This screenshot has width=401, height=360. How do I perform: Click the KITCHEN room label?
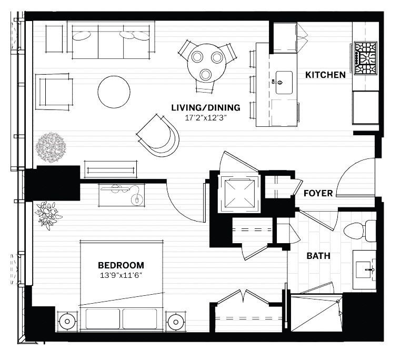coord(326,75)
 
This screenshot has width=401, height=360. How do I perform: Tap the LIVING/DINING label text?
coord(206,108)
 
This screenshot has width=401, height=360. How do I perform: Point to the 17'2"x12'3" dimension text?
coord(206,118)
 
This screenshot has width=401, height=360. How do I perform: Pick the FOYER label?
coord(318,194)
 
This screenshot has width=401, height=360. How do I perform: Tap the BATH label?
coord(318,256)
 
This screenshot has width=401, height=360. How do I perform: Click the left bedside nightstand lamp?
coord(67,321)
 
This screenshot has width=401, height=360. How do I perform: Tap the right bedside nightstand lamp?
coord(175,321)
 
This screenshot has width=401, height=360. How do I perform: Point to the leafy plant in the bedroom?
coord(48,214)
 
